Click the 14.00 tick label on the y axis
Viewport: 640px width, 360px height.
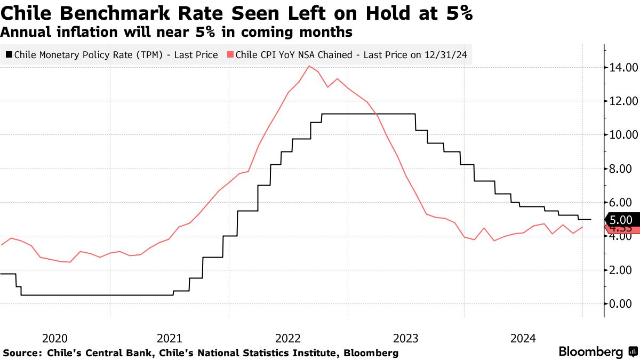point(621,68)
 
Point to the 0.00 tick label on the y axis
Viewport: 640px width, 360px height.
point(621,304)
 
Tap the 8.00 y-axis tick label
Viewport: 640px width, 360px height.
point(621,169)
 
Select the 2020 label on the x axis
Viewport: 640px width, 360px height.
point(54,338)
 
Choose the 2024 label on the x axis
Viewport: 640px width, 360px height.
point(523,338)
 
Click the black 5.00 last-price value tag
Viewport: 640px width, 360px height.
point(620,219)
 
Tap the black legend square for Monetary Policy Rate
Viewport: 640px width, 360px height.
point(9,54)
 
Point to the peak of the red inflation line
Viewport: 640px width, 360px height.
point(309,66)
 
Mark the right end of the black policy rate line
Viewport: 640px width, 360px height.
point(590,219)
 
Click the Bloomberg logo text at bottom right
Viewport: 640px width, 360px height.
point(590,352)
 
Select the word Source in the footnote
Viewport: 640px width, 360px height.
point(22,353)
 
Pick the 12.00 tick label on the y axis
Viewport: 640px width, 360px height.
point(621,101)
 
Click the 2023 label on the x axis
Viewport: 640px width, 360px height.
point(406,338)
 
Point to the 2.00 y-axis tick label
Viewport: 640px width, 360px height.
point(621,270)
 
